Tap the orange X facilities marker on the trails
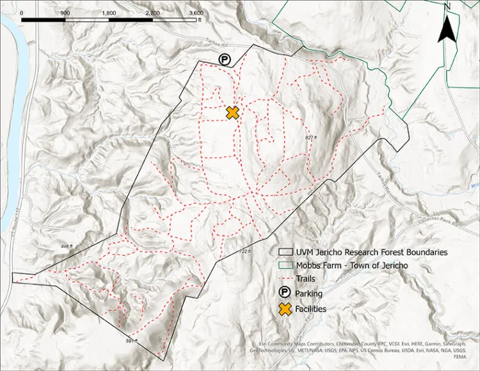232,113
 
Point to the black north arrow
447,29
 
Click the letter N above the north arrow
448,6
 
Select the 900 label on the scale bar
65,13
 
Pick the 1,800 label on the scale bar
109,13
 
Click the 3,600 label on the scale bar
196,13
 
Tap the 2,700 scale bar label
152,13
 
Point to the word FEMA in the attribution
460,359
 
